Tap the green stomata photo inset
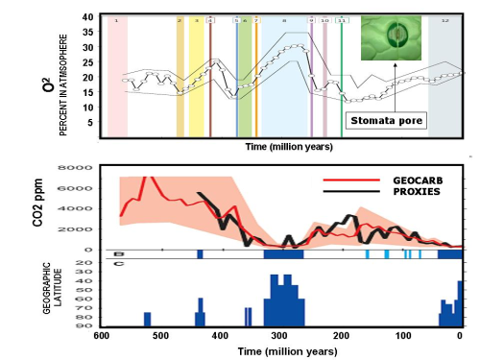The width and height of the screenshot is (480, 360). coord(392,37)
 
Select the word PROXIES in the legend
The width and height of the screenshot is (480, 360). coord(390,191)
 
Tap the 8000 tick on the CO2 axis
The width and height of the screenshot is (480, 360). coord(85,167)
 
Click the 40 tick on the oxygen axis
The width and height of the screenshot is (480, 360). coord(87,17)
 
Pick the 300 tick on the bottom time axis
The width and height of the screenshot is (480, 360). coord(280,335)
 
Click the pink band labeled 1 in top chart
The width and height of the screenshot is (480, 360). coord(117,77)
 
